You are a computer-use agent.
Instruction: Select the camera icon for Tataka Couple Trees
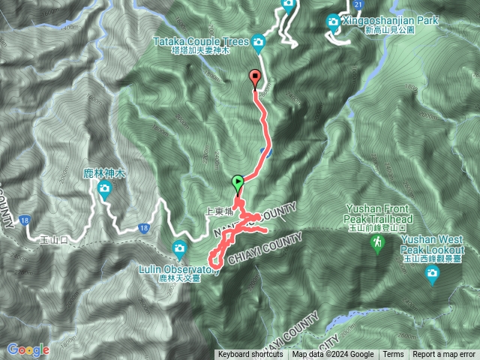point(259,43)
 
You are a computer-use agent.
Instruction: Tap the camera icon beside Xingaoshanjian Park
point(333,22)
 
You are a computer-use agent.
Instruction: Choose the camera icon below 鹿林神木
point(103,189)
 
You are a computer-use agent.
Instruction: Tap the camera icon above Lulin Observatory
point(179,248)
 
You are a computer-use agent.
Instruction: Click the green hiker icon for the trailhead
point(379,242)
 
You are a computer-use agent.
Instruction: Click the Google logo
point(28,349)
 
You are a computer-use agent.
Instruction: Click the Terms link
point(393,355)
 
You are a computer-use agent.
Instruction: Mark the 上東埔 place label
point(217,212)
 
